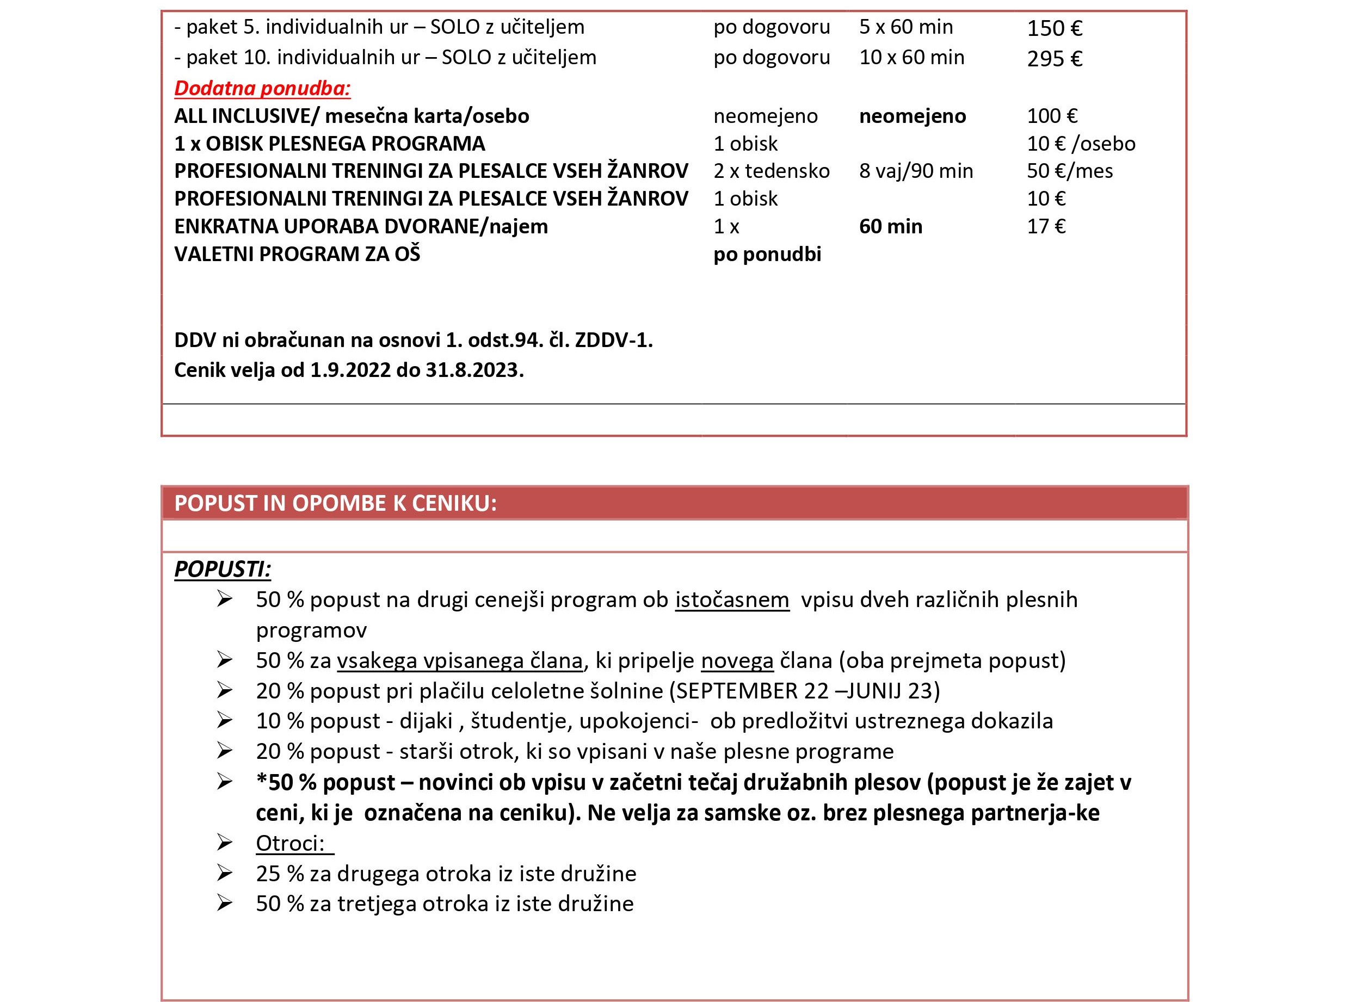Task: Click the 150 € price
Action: pos(1054,28)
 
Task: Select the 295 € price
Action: pos(1054,59)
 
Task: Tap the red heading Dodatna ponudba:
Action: pos(262,89)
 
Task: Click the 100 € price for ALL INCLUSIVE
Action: pos(1051,116)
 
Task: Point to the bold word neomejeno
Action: pos(912,116)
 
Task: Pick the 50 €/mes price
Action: pos(1069,171)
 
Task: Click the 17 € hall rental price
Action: pos(1045,226)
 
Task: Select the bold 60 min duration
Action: pos(890,226)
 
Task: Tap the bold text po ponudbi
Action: pos(767,254)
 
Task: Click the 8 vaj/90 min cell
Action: pos(916,171)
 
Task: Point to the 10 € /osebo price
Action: pos(1081,144)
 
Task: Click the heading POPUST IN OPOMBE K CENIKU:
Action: pos(336,503)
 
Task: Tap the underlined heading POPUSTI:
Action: pos(222,569)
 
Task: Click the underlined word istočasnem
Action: pos(732,600)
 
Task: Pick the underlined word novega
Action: pos(737,660)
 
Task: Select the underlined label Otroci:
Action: pos(291,843)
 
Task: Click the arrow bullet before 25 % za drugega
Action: pos(225,874)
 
